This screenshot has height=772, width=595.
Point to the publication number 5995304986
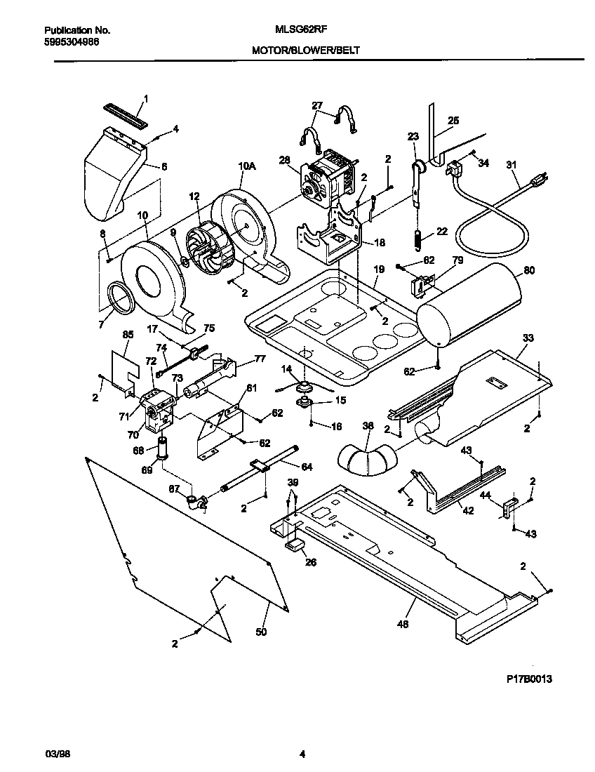point(72,42)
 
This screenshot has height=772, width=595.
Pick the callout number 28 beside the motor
point(284,160)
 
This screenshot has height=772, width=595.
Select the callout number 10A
point(247,166)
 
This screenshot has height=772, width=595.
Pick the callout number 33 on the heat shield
point(528,338)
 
